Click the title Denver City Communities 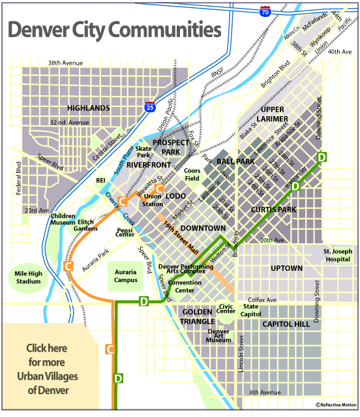point(113,30)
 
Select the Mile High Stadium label point(27,277)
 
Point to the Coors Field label point(192,175)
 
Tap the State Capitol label point(251,310)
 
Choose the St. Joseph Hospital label point(337,255)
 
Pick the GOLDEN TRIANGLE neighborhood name point(198,317)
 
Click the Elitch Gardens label point(85,224)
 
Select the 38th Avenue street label point(65,63)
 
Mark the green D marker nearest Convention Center point(144,301)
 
